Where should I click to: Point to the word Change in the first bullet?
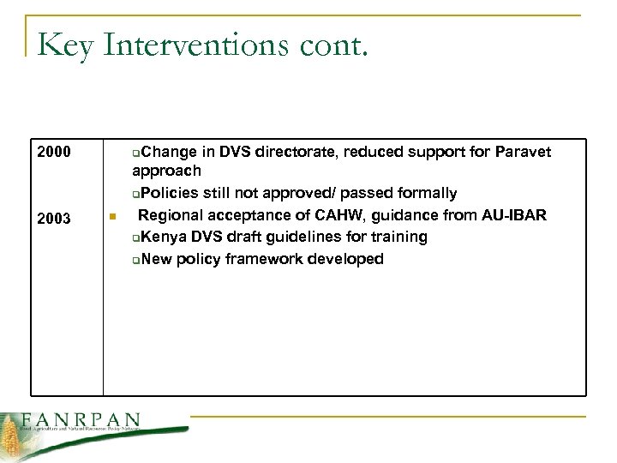coord(168,153)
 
